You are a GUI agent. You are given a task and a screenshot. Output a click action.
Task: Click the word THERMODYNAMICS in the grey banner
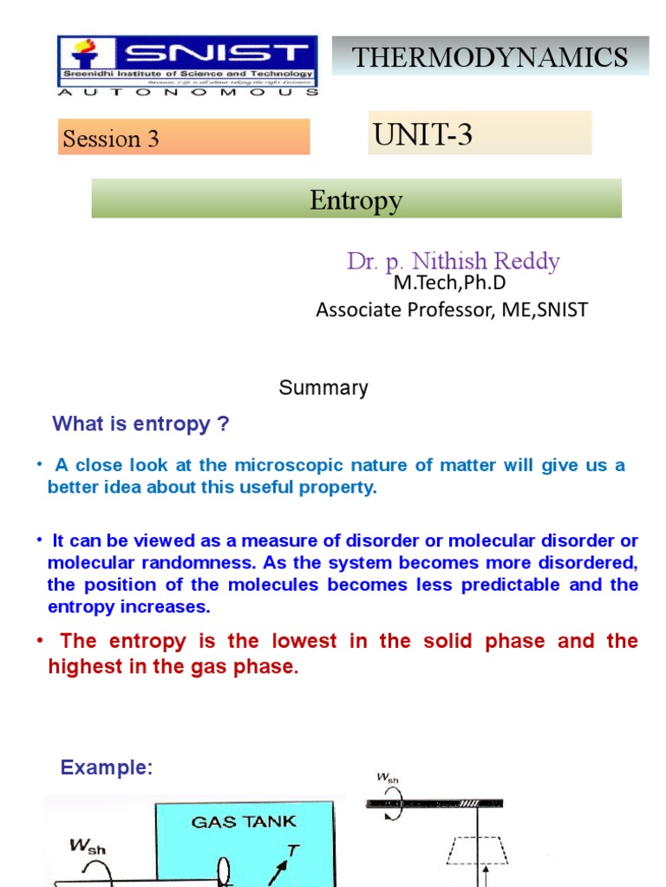tap(490, 57)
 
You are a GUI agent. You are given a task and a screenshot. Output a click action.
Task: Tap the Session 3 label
tap(111, 139)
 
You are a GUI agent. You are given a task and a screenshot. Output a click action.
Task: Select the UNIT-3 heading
tap(422, 134)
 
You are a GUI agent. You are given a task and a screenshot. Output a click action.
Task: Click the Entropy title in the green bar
tap(356, 200)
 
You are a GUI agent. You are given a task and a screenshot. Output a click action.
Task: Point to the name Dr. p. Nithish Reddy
tap(454, 261)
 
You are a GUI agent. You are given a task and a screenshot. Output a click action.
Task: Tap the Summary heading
tap(323, 388)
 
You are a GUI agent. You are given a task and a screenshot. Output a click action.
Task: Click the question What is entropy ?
tap(141, 424)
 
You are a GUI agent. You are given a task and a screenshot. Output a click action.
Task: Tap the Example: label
tap(106, 767)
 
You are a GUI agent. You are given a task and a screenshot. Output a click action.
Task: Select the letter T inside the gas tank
tap(293, 851)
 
